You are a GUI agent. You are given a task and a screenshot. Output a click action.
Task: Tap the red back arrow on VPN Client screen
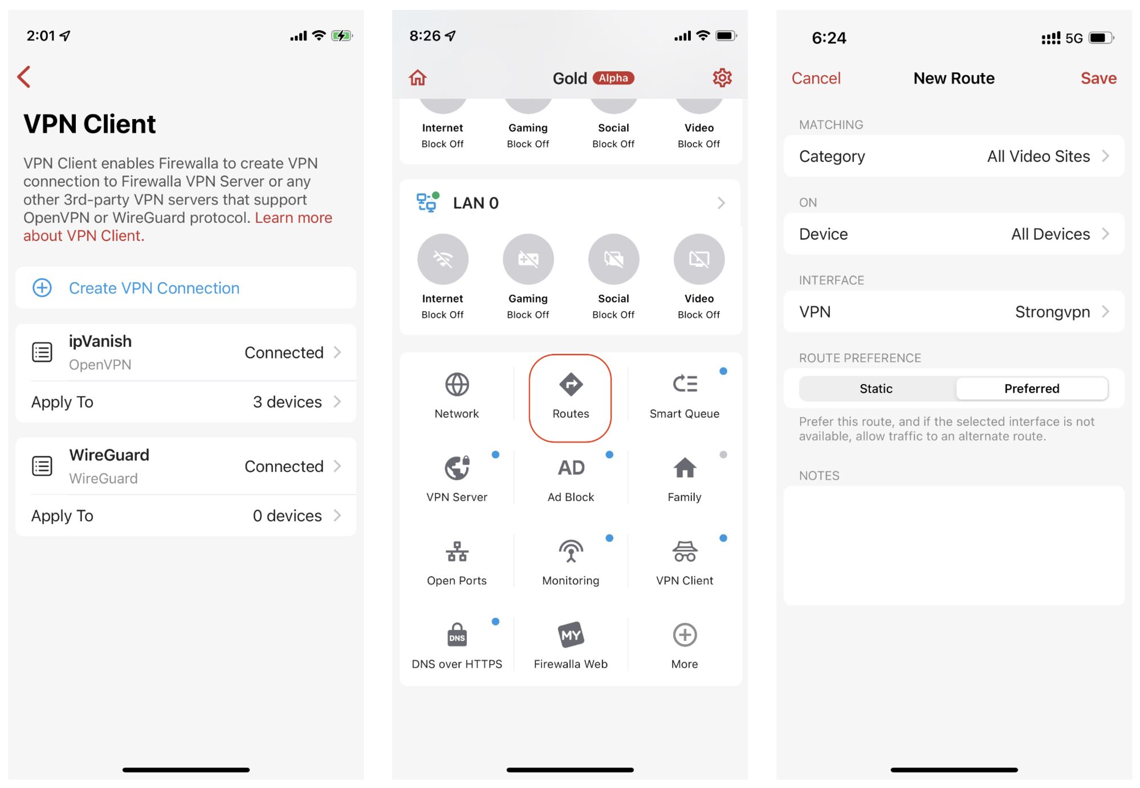(x=24, y=77)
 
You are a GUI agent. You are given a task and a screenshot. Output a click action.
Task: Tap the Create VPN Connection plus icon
(x=42, y=288)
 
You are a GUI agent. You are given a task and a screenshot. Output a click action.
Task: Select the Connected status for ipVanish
(x=284, y=353)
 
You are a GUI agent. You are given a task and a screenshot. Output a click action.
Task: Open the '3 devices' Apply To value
(x=287, y=402)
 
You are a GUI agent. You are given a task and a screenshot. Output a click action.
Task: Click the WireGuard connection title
(x=109, y=455)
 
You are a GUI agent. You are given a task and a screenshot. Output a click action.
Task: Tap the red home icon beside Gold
(x=418, y=77)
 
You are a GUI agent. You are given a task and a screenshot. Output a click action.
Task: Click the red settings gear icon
(x=722, y=77)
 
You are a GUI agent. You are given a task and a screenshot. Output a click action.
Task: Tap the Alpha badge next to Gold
(x=613, y=78)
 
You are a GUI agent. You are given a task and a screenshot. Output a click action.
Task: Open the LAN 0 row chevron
(x=722, y=203)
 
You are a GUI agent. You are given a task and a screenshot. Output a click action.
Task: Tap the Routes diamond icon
(x=571, y=384)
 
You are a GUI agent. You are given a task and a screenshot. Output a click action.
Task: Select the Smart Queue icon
(x=685, y=384)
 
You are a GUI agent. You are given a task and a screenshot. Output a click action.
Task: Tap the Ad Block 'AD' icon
(x=571, y=468)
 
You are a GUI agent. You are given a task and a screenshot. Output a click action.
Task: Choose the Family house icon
(x=685, y=468)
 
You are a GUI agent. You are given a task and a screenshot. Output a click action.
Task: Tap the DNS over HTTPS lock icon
(x=457, y=635)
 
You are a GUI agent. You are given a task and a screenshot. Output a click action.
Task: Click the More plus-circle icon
(x=685, y=635)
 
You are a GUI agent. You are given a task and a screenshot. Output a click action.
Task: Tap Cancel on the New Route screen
(x=816, y=78)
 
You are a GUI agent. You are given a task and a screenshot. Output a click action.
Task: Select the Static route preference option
(x=876, y=389)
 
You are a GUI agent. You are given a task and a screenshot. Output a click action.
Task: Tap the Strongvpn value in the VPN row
(x=1052, y=312)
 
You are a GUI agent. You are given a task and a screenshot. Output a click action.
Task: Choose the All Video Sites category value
(x=1039, y=156)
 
